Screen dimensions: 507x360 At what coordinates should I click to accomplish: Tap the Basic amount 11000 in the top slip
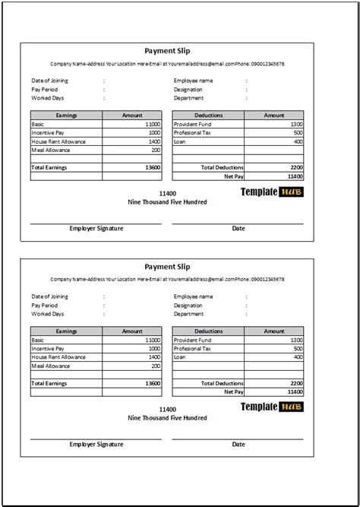(152, 124)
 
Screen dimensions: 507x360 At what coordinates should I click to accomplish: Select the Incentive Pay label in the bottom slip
(48, 347)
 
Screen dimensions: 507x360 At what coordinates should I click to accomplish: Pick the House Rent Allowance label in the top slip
(58, 141)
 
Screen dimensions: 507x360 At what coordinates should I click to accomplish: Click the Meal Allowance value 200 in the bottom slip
(156, 366)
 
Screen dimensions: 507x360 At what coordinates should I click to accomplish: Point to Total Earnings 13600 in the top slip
(151, 166)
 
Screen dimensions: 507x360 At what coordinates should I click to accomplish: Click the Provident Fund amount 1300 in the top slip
(295, 124)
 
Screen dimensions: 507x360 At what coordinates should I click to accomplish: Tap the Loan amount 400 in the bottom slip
(297, 356)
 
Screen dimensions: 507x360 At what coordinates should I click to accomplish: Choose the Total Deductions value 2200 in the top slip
(295, 166)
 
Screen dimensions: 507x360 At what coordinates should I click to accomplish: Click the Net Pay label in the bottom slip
(232, 391)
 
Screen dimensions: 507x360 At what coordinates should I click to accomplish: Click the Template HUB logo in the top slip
(271, 192)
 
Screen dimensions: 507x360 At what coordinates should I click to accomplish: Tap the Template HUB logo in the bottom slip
(271, 407)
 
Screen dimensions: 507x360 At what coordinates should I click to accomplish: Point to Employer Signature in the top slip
(96, 228)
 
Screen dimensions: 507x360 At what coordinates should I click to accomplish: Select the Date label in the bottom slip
(238, 444)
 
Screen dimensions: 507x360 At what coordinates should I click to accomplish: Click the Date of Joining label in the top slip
(49, 80)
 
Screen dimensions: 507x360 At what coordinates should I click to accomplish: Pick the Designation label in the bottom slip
(188, 305)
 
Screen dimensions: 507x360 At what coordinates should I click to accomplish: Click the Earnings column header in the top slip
(66, 115)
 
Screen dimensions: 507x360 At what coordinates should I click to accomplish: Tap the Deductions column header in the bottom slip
(208, 331)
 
